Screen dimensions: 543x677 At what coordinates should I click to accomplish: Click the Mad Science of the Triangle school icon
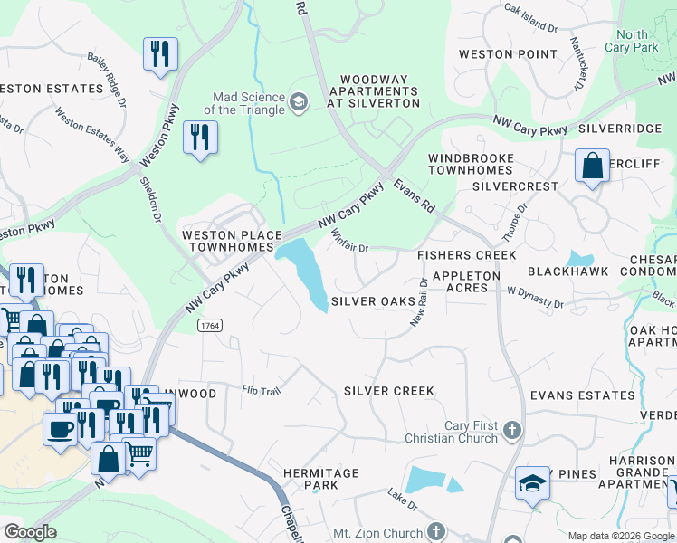[297, 103]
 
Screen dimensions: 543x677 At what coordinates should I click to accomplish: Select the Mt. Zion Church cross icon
[436, 531]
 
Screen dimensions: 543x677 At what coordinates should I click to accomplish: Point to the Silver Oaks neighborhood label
[367, 301]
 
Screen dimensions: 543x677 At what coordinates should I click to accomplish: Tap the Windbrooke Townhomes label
[471, 164]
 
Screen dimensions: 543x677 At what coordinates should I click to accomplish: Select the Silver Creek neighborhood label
[389, 391]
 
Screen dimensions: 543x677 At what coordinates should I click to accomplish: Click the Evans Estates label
[583, 395]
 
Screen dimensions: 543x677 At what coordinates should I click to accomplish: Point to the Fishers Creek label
[466, 255]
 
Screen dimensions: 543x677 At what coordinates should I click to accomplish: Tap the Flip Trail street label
[262, 391]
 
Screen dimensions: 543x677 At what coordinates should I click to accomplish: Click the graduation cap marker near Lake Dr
[532, 484]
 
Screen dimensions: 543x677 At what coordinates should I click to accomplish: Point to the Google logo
[31, 532]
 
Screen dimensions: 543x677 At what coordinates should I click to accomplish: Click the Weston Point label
[509, 54]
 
